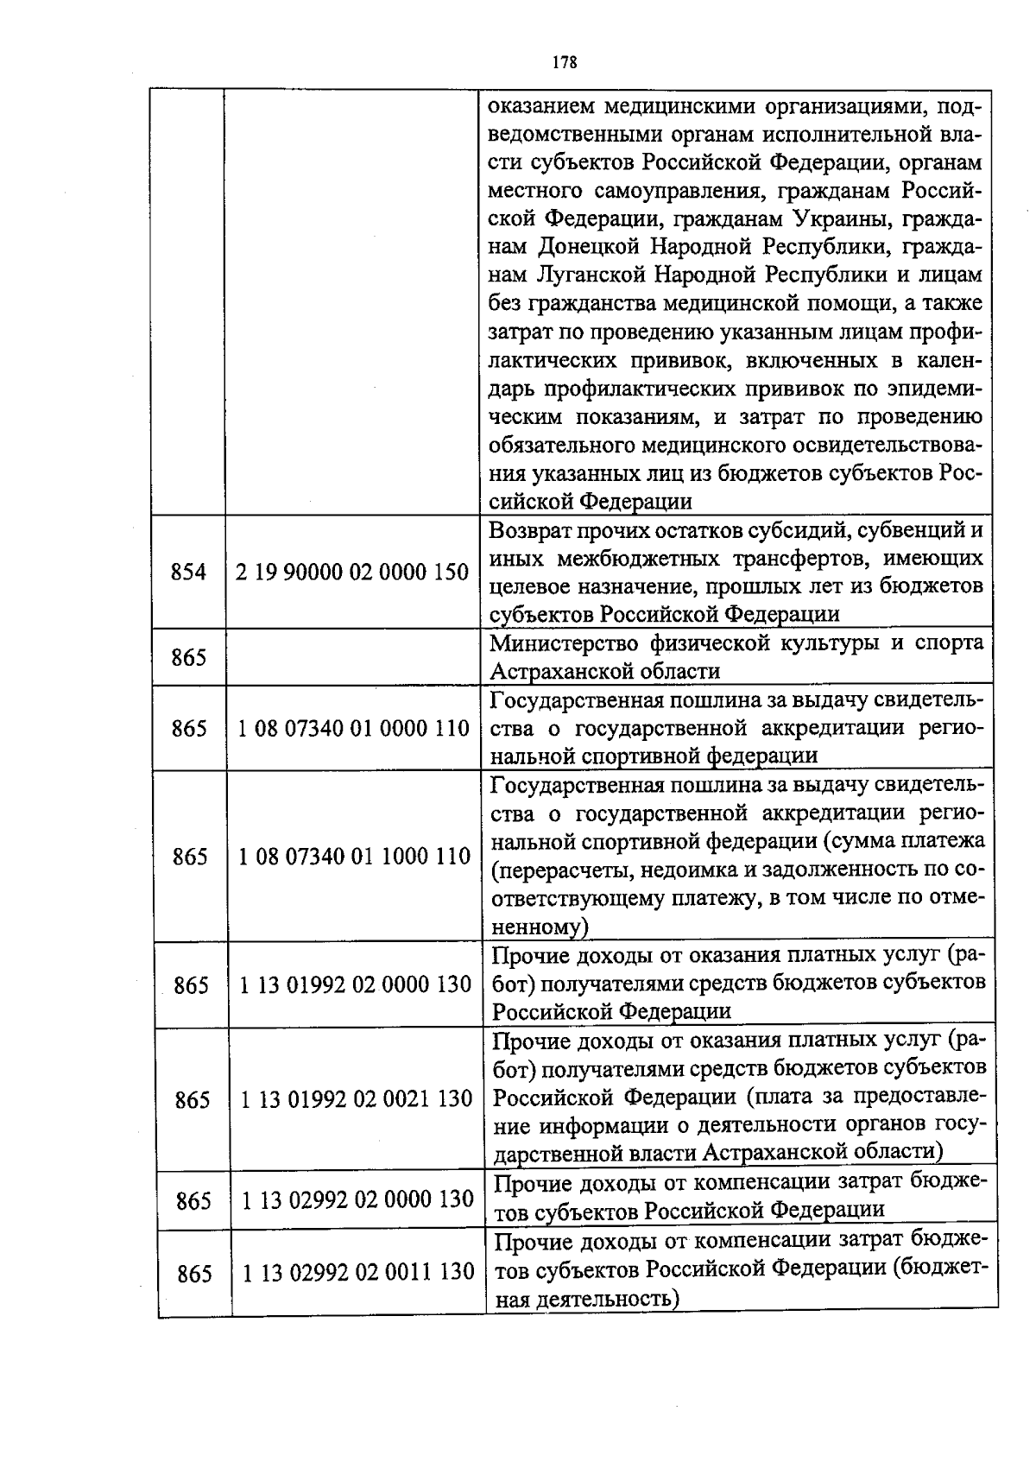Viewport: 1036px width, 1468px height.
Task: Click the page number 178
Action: coord(564,62)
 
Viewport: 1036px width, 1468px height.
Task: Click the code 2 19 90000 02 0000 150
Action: coord(352,572)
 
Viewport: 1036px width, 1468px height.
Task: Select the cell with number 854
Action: coord(188,572)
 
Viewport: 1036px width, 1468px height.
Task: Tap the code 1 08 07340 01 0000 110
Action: coord(353,729)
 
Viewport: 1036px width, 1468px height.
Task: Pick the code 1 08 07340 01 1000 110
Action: coord(354,856)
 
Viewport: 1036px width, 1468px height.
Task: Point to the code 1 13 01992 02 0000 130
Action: coord(355,984)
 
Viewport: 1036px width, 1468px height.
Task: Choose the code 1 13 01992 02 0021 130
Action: coord(357,1099)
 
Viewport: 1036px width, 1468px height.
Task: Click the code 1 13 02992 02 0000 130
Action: coord(357,1199)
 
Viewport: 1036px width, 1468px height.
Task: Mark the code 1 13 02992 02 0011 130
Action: coord(358,1273)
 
